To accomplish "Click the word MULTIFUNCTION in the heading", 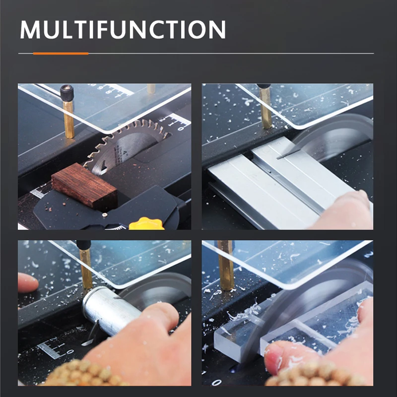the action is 123,29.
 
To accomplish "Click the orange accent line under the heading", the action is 61,54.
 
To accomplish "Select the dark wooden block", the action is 84,186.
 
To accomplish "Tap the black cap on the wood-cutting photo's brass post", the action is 67,92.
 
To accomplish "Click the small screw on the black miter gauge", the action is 105,215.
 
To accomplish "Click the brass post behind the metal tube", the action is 86,268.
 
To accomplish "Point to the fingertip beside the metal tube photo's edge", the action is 27,282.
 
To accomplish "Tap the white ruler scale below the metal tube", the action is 55,348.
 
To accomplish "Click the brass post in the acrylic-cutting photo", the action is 226,266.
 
